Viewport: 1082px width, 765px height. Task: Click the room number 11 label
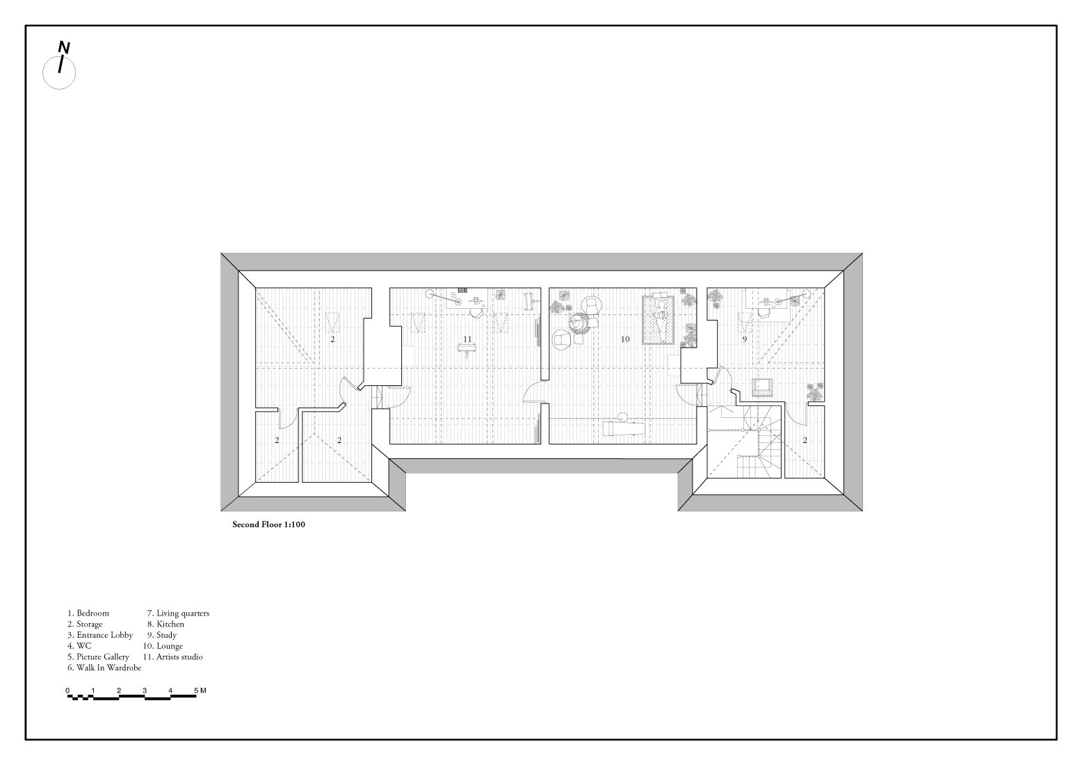(x=467, y=339)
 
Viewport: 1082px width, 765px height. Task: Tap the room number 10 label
(x=625, y=339)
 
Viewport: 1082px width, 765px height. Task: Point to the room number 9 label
(x=744, y=339)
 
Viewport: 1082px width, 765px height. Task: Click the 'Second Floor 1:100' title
(x=268, y=525)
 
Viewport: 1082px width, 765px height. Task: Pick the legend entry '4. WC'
(x=79, y=646)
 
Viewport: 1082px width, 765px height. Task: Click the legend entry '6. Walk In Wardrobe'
(x=104, y=668)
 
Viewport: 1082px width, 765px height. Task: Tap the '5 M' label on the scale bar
(x=200, y=691)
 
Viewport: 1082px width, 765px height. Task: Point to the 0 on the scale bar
(x=68, y=691)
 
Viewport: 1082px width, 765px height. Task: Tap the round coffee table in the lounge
(x=577, y=323)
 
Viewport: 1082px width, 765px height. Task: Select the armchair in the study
(x=763, y=387)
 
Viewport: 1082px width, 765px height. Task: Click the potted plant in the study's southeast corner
(x=814, y=392)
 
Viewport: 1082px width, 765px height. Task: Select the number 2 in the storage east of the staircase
(x=805, y=440)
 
